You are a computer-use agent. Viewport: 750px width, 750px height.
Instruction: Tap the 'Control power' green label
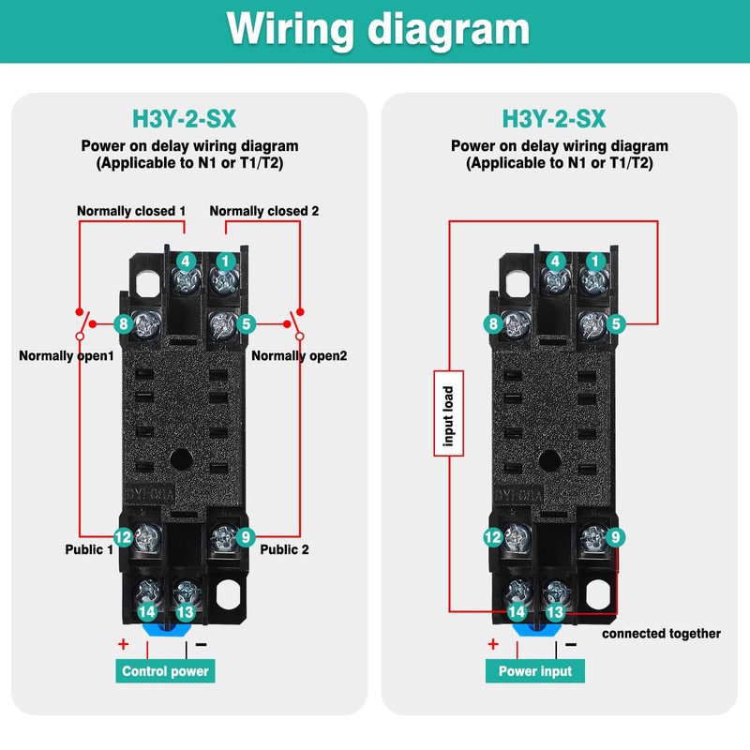pyautogui.click(x=166, y=671)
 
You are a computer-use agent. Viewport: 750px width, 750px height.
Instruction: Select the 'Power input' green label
pyautogui.click(x=535, y=671)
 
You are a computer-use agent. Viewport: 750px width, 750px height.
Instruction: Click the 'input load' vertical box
pyautogui.click(x=448, y=413)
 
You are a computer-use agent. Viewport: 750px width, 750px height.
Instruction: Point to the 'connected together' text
pyautogui.click(x=661, y=634)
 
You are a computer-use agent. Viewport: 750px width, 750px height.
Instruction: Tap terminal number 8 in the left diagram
pyautogui.click(x=122, y=324)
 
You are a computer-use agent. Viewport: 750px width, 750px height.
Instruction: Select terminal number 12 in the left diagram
pyautogui.click(x=123, y=537)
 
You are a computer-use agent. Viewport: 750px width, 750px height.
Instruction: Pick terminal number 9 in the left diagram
pyautogui.click(x=246, y=537)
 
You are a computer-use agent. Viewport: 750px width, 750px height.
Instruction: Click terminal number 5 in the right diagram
pyautogui.click(x=616, y=324)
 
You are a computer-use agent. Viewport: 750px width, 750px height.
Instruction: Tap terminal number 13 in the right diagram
pyautogui.click(x=555, y=611)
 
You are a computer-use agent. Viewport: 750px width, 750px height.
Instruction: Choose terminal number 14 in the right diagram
pyautogui.click(x=517, y=611)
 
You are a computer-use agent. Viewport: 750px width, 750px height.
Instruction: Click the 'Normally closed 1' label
pyautogui.click(x=131, y=211)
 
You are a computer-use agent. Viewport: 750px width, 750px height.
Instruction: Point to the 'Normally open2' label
pyautogui.click(x=299, y=356)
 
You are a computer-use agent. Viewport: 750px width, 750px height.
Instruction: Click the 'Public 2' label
pyautogui.click(x=284, y=549)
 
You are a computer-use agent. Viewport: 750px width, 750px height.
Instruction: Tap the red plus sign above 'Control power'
pyautogui.click(x=123, y=644)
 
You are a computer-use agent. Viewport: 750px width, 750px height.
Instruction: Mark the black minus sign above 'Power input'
pyautogui.click(x=570, y=644)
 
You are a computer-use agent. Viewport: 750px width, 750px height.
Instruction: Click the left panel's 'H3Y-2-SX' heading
pyautogui.click(x=184, y=119)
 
